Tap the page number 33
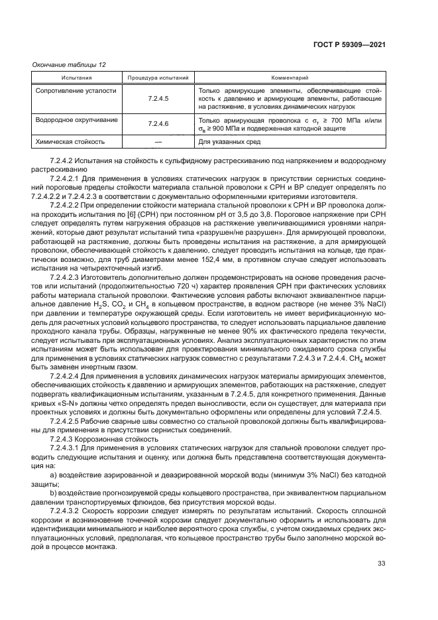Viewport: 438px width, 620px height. tap(381, 564)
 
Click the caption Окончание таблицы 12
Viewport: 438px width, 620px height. tap(70, 64)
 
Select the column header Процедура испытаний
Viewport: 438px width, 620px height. tap(158, 78)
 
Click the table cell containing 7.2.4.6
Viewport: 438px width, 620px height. tap(158, 124)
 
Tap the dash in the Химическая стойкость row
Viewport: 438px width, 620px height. tap(158, 141)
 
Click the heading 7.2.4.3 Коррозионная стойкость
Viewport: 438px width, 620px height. tap(95, 438)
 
